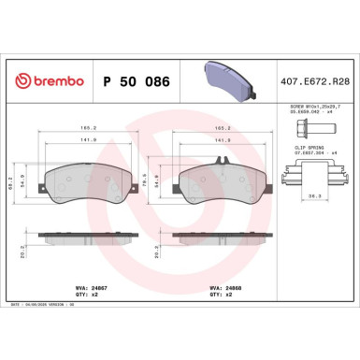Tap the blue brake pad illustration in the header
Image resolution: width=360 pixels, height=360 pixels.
229,79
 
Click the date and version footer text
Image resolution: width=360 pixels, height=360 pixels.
48,304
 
